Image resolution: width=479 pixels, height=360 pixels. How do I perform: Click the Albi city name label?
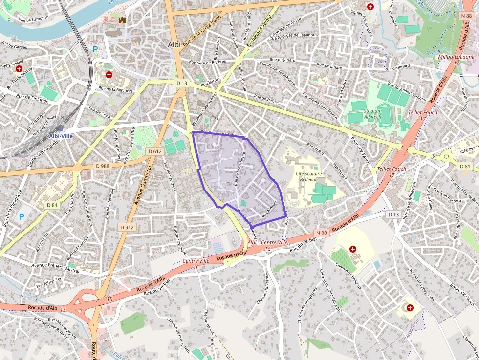pos(174,44)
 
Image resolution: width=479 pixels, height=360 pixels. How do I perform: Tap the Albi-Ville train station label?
pos(61,135)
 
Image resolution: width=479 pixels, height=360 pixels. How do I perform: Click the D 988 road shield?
pos(103,166)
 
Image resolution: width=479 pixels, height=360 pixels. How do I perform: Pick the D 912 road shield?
pos(126,227)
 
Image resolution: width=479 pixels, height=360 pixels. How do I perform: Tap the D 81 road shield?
pos(466,166)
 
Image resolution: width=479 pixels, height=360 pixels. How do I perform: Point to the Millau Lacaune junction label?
pos(457,57)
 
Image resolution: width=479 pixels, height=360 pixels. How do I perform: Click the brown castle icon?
pos(122,21)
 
